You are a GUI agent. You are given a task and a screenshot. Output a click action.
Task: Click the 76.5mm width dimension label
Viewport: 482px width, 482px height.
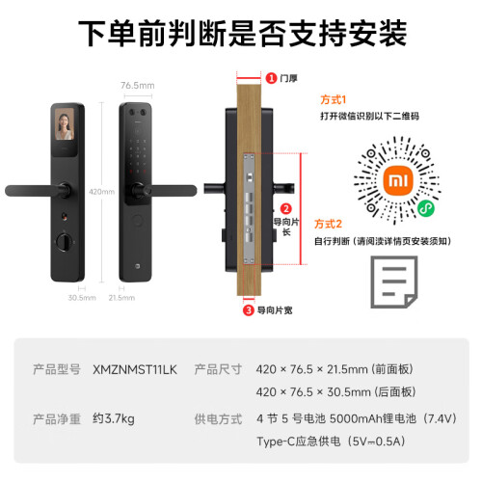(x=138, y=86)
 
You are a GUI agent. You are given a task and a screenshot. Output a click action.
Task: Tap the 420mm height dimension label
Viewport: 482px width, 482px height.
(x=101, y=192)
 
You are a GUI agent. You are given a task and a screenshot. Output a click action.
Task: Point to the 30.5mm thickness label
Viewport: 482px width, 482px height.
(x=82, y=298)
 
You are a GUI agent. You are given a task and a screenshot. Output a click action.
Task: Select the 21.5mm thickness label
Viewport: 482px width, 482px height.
(x=121, y=298)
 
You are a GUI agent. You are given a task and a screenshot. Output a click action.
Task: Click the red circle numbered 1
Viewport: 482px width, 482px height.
(x=271, y=78)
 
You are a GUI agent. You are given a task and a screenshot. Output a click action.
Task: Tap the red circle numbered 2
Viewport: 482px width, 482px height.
(x=285, y=209)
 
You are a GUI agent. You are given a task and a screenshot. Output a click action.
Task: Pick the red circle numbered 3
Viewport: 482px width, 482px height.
(x=248, y=310)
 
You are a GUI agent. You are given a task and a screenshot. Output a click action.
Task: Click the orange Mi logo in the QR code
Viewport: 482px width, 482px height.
(x=398, y=180)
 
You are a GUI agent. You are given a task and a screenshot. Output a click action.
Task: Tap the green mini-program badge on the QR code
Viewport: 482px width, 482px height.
(x=426, y=208)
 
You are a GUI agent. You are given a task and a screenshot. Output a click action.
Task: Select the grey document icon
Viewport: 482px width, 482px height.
(x=394, y=281)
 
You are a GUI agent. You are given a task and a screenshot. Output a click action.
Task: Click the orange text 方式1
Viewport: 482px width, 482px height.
(x=334, y=100)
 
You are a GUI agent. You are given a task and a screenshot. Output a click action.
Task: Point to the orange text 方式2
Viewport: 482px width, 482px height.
(x=328, y=224)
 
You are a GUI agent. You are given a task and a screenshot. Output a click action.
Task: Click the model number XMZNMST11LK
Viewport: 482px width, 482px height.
(x=135, y=370)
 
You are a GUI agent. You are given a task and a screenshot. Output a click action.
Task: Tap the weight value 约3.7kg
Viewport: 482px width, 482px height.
(x=114, y=418)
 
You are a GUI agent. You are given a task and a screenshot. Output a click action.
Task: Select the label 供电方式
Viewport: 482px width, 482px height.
(x=218, y=419)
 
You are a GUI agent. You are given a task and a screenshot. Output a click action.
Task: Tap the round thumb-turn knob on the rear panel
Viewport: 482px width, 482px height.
(x=65, y=242)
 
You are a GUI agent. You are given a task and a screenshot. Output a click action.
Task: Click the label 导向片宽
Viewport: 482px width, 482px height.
(x=275, y=310)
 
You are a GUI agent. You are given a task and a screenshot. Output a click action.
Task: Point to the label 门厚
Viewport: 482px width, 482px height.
(x=288, y=78)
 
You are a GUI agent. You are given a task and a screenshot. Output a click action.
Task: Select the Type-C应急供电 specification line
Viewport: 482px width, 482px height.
(x=331, y=442)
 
